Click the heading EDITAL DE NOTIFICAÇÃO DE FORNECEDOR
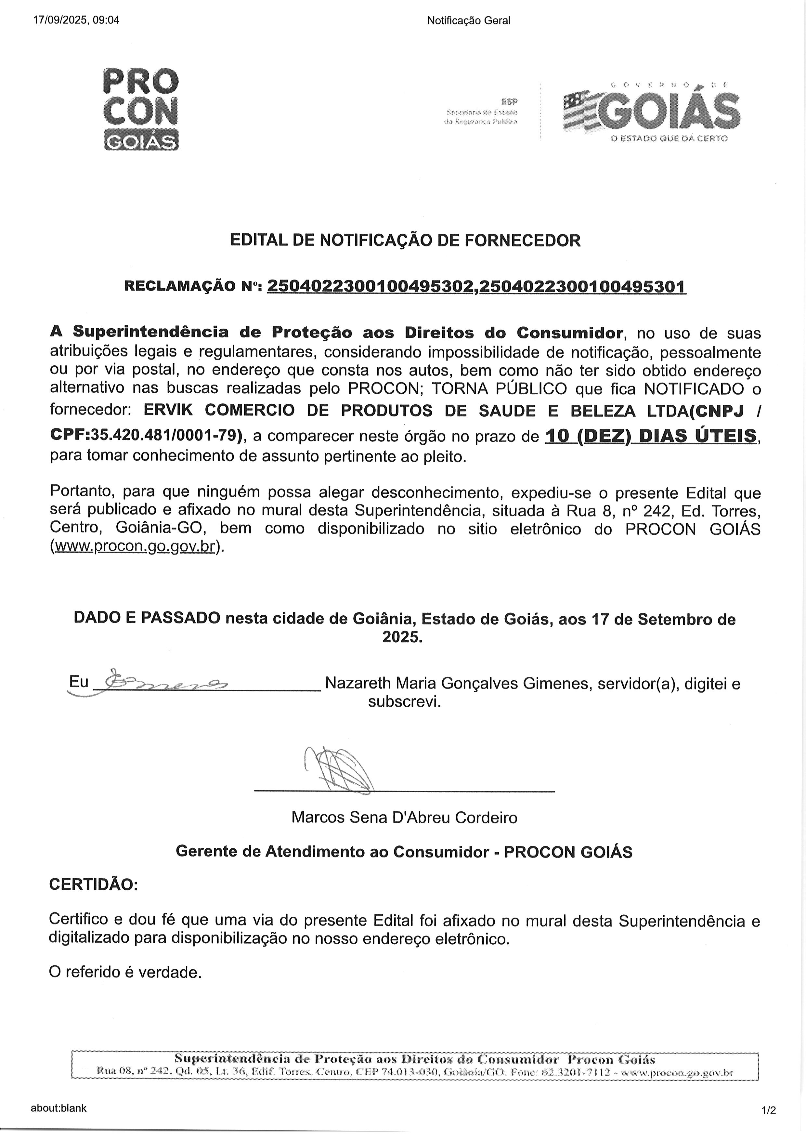(x=405, y=241)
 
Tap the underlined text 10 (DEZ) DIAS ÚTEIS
(x=651, y=435)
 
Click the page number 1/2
(x=768, y=1110)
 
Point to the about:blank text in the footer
(x=58, y=1108)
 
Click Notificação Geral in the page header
(x=468, y=20)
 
